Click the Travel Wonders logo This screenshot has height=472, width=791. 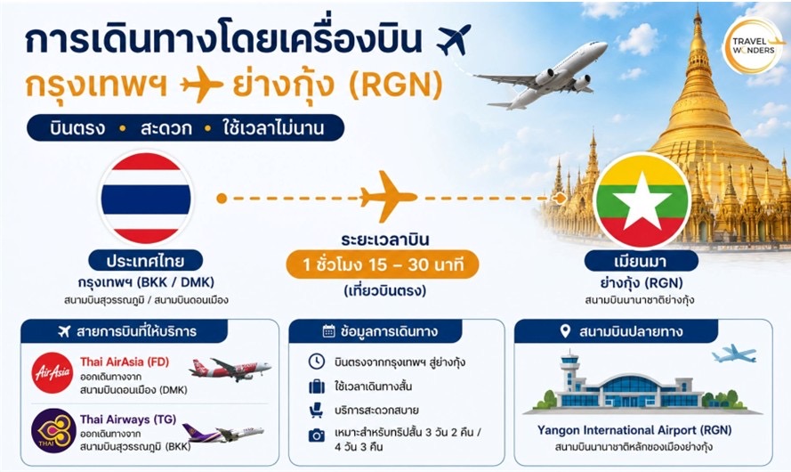pos(753,46)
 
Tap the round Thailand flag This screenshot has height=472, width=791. pos(146,199)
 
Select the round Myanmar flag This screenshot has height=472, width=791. pos(642,200)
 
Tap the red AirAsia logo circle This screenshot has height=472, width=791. pos(52,373)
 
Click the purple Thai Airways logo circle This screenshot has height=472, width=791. pos(53,431)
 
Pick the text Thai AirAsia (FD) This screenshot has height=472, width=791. pos(125,362)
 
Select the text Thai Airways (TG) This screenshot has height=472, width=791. pos(128,419)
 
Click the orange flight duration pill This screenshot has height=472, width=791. pos(383,264)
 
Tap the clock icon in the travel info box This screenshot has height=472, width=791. pos(317,362)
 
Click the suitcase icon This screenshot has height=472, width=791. pos(317,387)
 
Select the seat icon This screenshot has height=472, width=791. pos(316,410)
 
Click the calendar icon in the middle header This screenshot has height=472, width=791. pos(328,331)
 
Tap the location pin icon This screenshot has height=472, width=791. pos(566,331)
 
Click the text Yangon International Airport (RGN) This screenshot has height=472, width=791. pos(634,431)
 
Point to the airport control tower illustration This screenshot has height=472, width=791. pos(570,373)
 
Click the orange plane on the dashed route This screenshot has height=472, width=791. pos(388,197)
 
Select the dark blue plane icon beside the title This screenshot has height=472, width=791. pos(454,39)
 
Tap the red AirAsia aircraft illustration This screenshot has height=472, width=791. pos(230,369)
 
